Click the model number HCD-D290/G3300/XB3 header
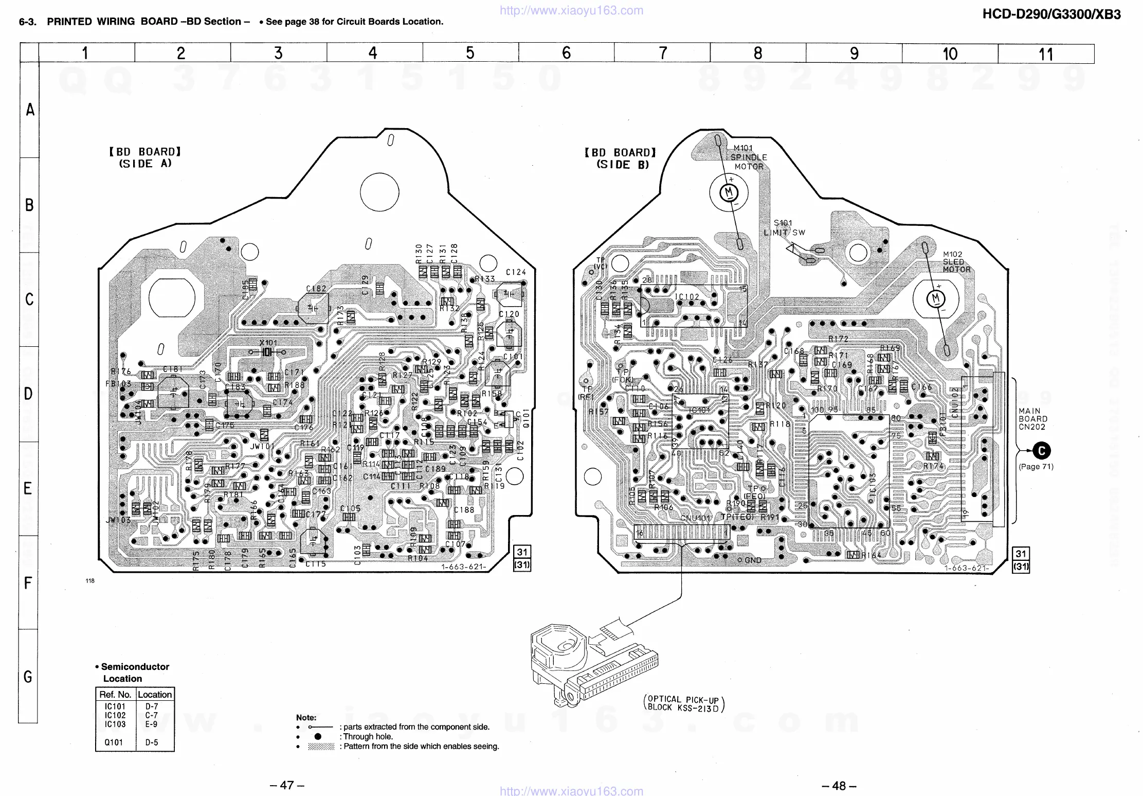pos(1051,14)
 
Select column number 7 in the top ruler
pos(663,53)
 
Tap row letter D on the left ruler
pos(29,394)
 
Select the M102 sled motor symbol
pos(935,299)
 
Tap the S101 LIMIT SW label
pos(784,227)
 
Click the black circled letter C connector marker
pos(1041,451)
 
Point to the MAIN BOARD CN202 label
pos(1032,419)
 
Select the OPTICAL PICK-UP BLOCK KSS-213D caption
pos(683,703)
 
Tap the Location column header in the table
pos(155,695)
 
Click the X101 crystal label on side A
pos(268,343)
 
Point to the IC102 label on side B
pos(687,297)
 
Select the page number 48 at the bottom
pos(839,785)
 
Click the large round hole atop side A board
pos(379,192)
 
